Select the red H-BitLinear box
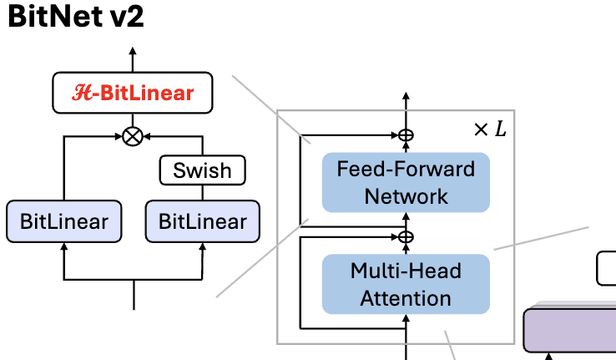[132, 94]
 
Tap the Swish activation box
[203, 170]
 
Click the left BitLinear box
[63, 221]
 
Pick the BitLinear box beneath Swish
[203, 221]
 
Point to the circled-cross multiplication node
[132, 136]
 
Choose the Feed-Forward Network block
[406, 183]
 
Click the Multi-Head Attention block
[406, 284]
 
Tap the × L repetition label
[489, 129]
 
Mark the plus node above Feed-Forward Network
[406, 134]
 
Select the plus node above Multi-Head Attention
[406, 236]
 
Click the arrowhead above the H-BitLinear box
[132, 53]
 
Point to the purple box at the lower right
[570, 329]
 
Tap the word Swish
[203, 170]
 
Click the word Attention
[406, 297]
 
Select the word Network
[406, 196]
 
